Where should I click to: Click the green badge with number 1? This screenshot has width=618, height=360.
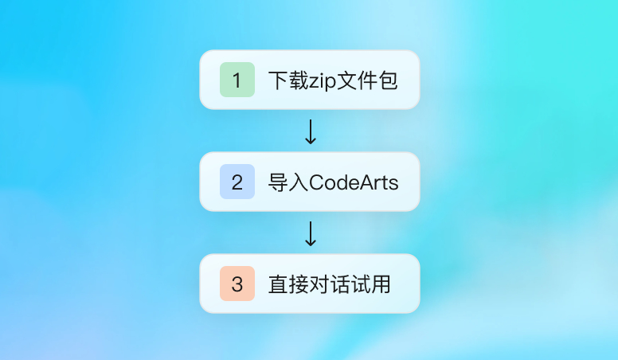237,80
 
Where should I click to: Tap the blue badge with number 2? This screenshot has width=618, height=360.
237,182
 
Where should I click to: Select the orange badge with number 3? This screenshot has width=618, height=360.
237,284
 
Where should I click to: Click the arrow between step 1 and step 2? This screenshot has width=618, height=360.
311,131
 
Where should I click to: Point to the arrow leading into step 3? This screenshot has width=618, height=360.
311,233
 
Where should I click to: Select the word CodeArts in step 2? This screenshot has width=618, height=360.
354,182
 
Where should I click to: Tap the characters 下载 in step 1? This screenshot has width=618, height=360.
287,80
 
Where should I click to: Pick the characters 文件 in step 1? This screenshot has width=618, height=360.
358,80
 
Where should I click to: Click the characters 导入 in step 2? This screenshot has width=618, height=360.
287,182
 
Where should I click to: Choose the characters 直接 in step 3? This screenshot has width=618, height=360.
287,284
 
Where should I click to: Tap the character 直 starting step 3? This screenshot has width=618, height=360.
277,284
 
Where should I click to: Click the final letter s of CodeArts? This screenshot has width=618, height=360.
393,183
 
